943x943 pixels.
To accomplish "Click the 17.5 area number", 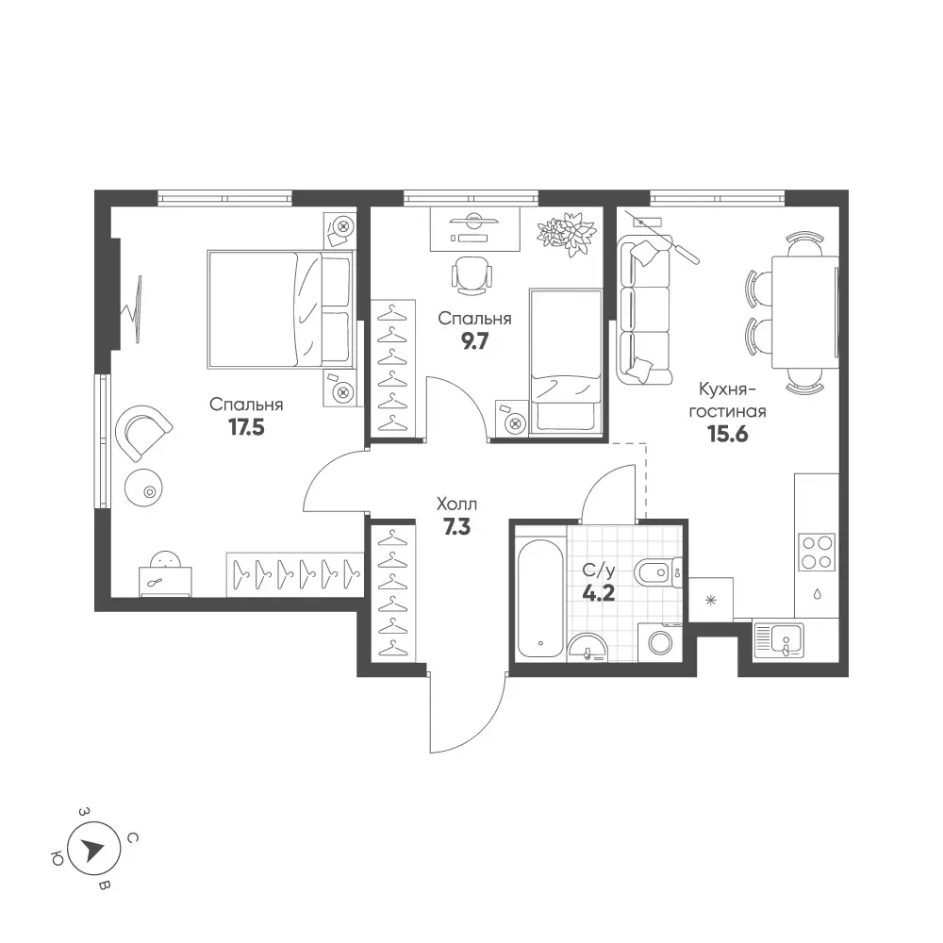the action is [246, 427].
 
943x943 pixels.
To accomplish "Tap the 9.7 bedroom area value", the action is [474, 341].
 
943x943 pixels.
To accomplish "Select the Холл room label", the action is [456, 504].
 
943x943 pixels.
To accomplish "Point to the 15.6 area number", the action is [728, 433].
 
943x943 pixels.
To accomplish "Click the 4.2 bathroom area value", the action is [599, 593].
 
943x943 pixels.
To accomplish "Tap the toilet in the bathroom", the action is [657, 572].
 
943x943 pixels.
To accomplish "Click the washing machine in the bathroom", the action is [660, 642].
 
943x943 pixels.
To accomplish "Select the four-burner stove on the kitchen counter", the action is [817, 552].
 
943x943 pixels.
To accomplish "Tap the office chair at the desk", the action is [471, 275].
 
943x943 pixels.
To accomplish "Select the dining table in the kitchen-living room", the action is [804, 311].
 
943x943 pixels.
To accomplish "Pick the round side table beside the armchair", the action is [143, 488].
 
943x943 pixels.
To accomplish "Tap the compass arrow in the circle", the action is [93, 850].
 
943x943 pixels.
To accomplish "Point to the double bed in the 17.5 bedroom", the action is [280, 309].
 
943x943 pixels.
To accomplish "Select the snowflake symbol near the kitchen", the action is [711, 600].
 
